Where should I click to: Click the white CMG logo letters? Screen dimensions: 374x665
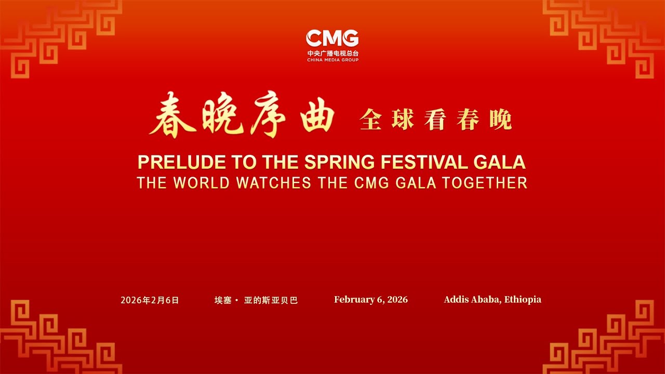click(332, 38)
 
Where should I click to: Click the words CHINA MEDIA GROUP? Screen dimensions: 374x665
click(332, 60)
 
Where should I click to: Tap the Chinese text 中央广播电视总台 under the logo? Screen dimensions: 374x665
click(332, 54)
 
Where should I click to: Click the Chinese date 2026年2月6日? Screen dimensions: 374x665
click(150, 300)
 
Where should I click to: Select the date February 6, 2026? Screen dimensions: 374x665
click(370, 300)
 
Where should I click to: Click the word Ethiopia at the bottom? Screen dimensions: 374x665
click(523, 300)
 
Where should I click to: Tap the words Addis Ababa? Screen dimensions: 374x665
click(472, 300)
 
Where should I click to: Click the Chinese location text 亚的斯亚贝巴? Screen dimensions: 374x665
click(271, 300)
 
